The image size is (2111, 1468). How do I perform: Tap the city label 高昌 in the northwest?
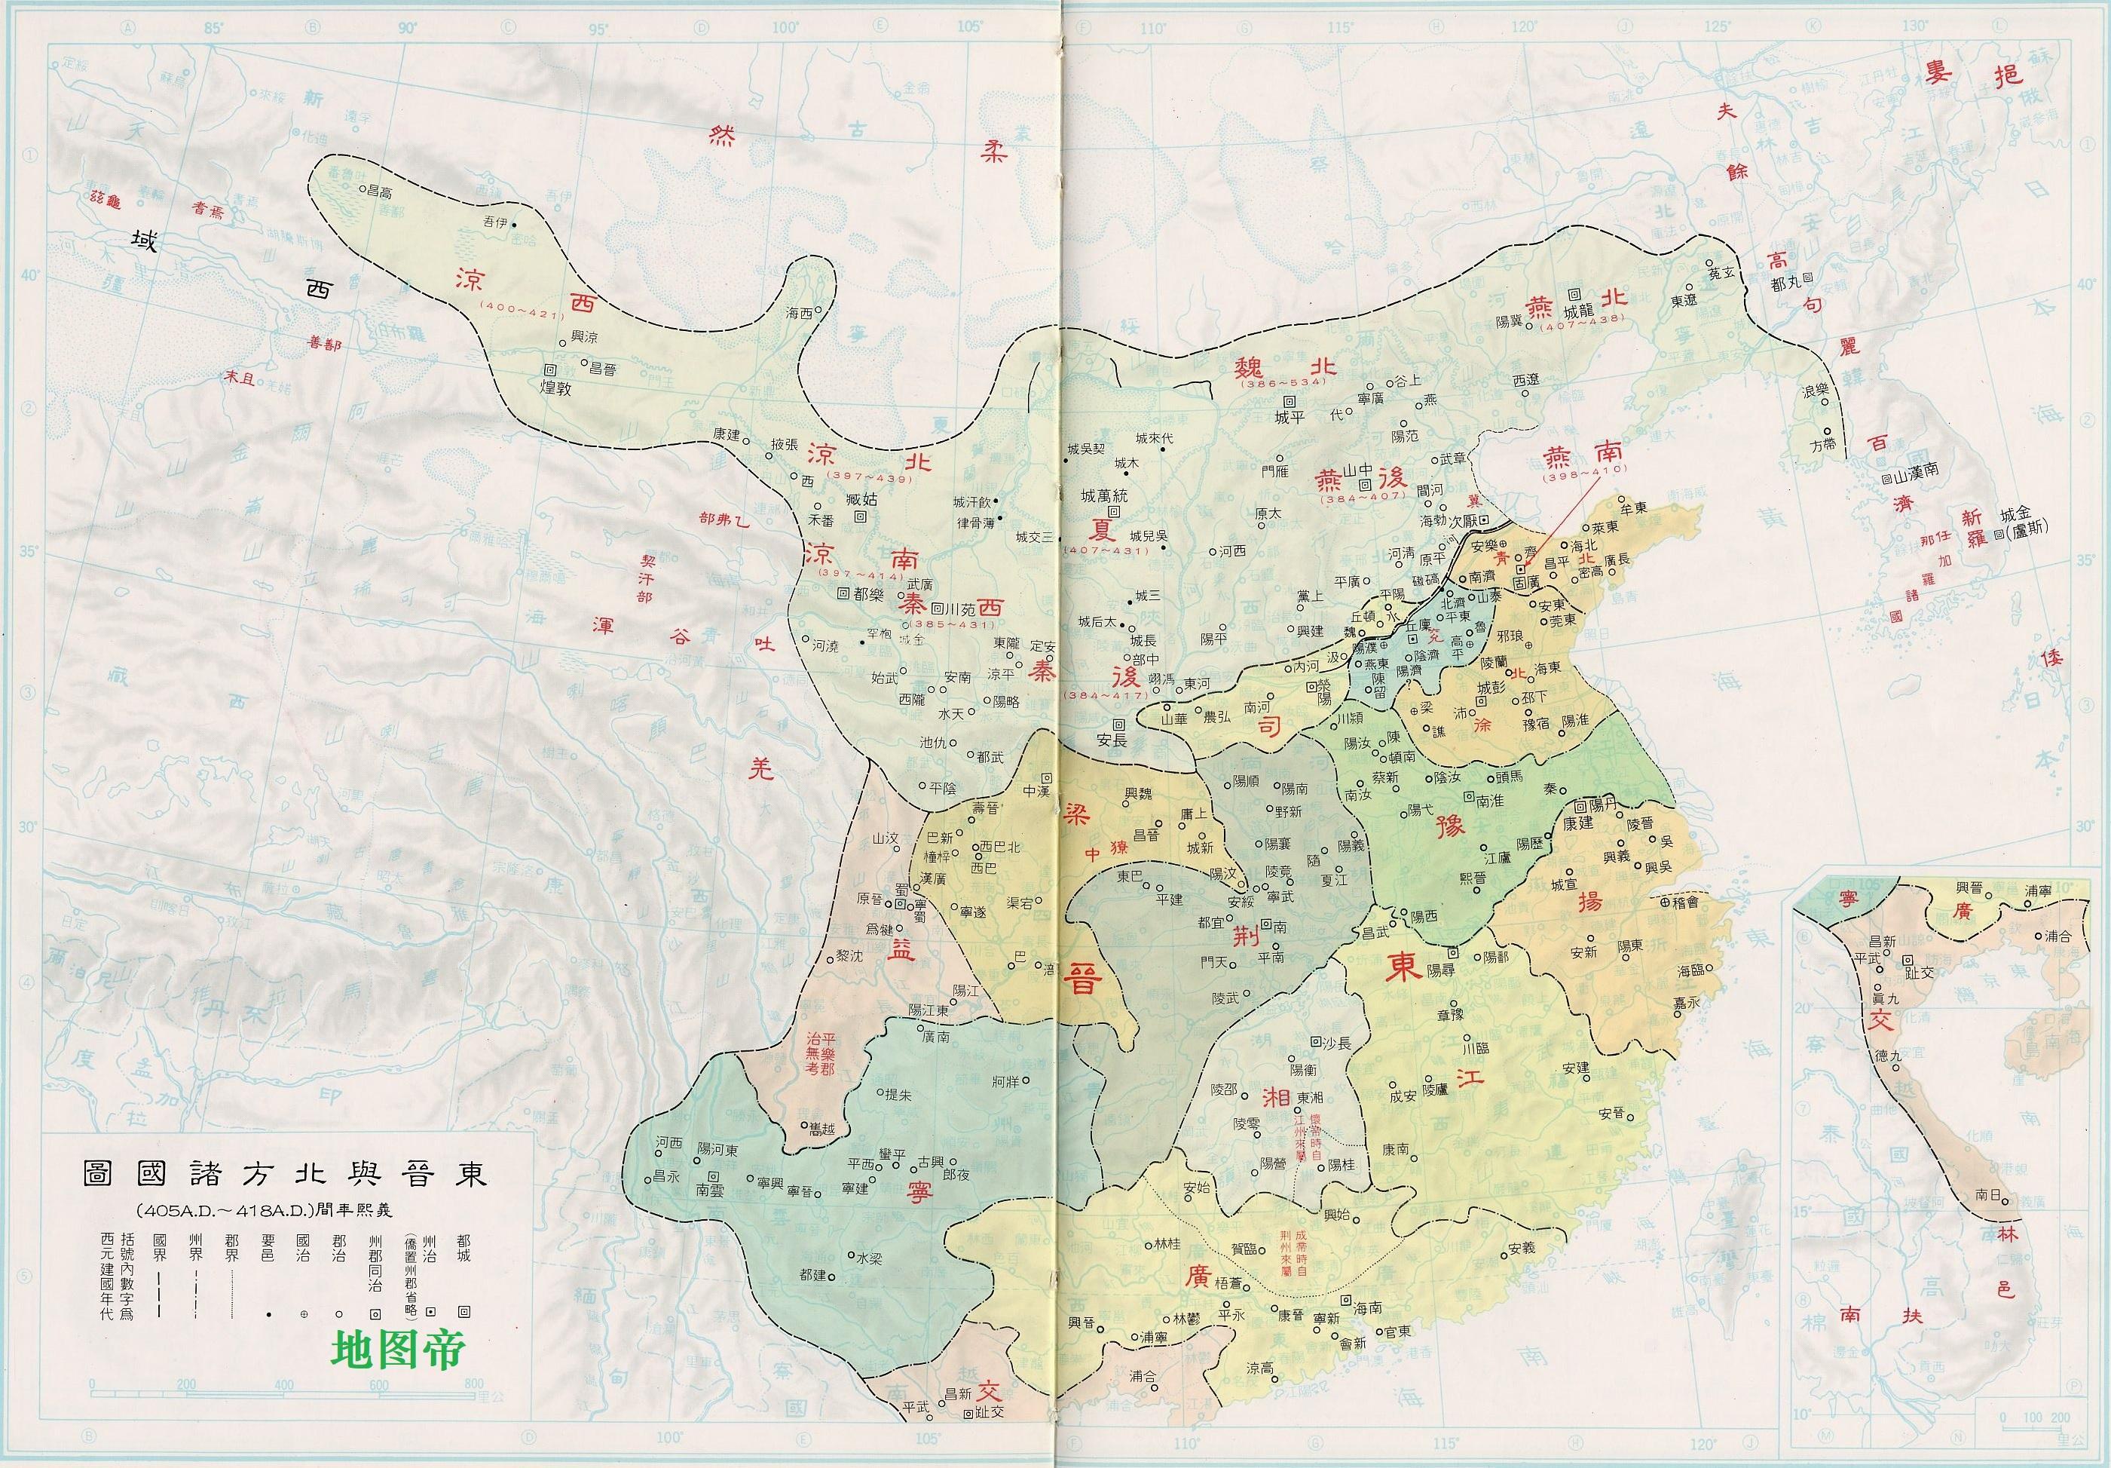point(379,192)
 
